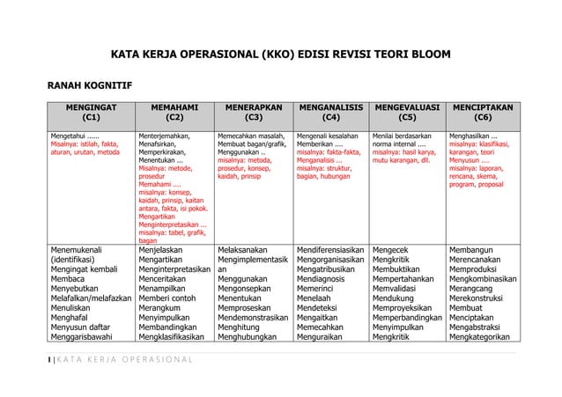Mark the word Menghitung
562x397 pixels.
click(x=243, y=323)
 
